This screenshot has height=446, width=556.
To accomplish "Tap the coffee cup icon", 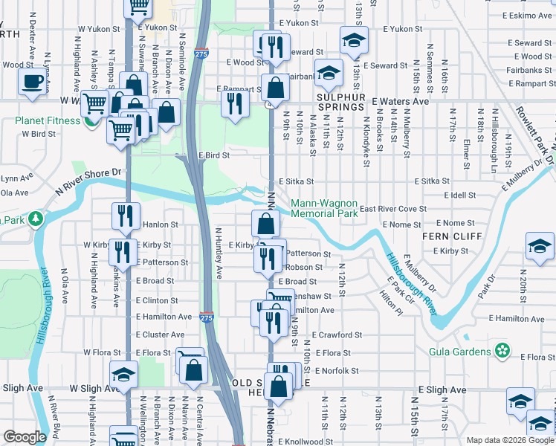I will pos(33,82).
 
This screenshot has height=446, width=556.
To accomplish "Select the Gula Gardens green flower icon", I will pos(502,350).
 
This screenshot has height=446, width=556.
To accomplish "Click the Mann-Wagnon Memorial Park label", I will pos(324,208).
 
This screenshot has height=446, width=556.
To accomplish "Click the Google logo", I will pos(25,437).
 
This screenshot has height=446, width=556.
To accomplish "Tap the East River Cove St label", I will pos(393,209).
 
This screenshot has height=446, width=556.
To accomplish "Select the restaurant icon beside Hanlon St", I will pos(124,216).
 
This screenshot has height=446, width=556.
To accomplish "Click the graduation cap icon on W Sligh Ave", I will pos(124,375).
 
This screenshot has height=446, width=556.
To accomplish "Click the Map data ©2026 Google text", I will pos(509,440).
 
